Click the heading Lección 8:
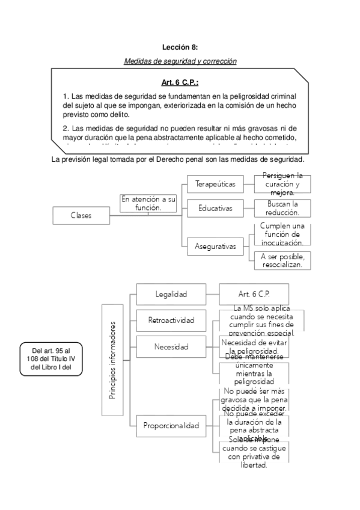click(180, 46)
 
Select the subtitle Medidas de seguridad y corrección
click(180, 61)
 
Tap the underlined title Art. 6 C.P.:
click(180, 82)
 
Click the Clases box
click(81, 215)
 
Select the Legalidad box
click(171, 294)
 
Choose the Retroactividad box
click(171, 320)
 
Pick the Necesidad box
click(171, 347)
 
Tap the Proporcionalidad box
click(171, 426)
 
